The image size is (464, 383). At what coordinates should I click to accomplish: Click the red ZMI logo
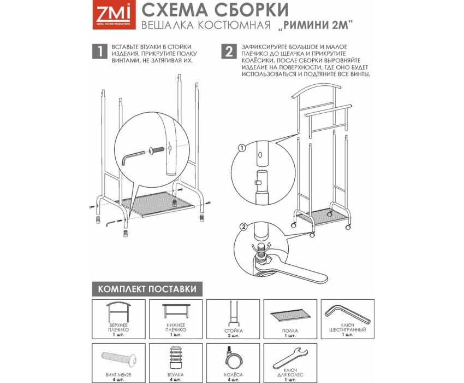click(114, 15)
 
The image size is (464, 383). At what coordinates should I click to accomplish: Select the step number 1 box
click(100, 51)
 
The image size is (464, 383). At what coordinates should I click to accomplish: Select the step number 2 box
click(229, 51)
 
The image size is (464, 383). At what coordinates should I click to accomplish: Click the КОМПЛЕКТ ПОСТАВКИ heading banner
click(147, 289)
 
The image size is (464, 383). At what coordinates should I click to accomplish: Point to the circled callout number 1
click(242, 148)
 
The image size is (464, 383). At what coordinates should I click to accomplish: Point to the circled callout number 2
click(243, 227)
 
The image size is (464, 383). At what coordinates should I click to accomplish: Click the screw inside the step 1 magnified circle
click(157, 150)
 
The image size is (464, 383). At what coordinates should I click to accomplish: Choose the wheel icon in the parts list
click(233, 359)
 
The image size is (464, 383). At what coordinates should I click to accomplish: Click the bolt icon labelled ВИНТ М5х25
click(119, 359)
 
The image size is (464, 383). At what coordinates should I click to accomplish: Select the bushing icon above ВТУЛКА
click(176, 358)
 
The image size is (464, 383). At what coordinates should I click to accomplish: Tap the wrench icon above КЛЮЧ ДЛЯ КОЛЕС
click(290, 357)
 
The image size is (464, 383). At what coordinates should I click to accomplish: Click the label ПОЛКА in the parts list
click(290, 330)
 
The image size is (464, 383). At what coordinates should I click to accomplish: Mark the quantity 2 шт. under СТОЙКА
click(233, 335)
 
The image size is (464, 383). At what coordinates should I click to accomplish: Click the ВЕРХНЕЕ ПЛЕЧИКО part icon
click(119, 312)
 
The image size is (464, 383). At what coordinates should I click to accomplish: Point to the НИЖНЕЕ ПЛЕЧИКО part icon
click(176, 311)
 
